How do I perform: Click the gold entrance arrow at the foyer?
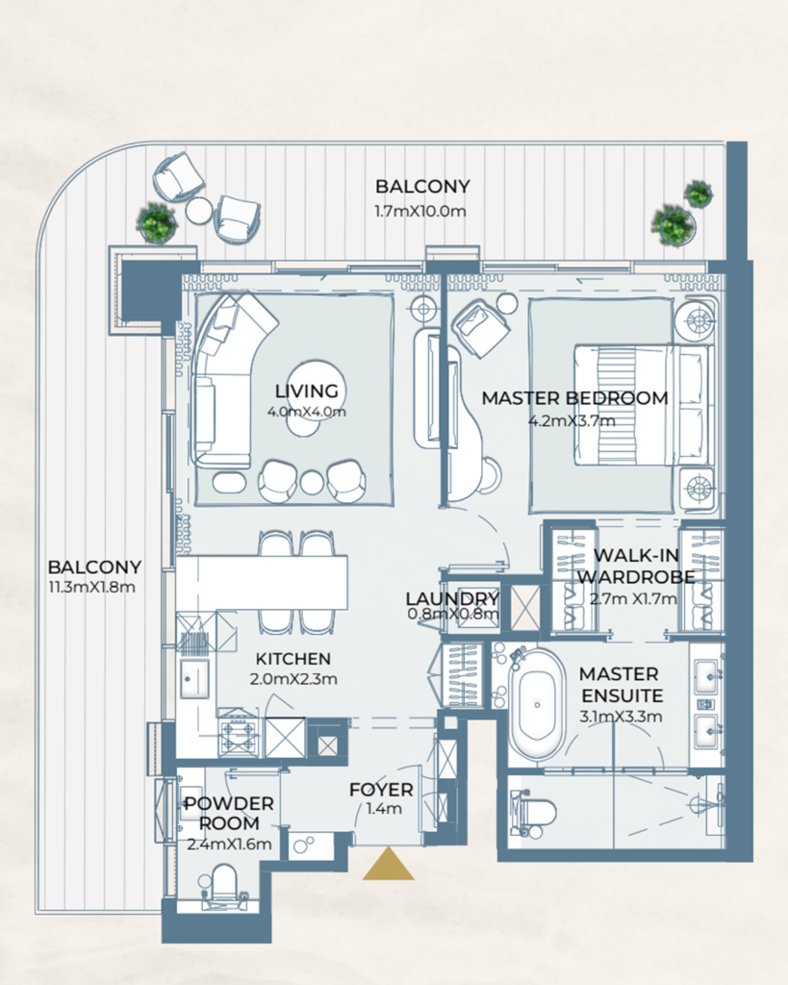tap(388, 866)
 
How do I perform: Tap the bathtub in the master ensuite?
tap(537, 703)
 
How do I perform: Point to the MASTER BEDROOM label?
tap(574, 398)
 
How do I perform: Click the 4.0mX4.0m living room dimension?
tap(307, 412)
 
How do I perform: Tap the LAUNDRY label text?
tap(452, 599)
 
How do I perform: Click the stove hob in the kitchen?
tap(238, 737)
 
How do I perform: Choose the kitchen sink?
tap(195, 678)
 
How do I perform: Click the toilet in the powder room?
tap(223, 884)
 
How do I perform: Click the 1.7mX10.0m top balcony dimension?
tap(421, 211)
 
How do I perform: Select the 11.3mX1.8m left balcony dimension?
tap(94, 587)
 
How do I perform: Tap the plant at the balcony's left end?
tap(157, 223)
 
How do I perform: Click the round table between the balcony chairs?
tap(199, 210)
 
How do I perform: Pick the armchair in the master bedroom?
tap(481, 327)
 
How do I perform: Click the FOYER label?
tap(381, 790)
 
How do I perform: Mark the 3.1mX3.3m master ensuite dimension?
tap(619, 717)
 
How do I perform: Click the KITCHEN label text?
tap(292, 659)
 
